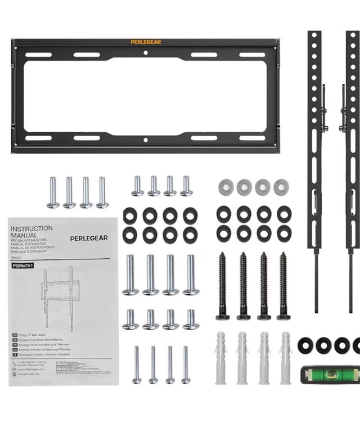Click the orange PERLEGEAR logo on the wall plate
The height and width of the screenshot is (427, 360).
click(145, 42)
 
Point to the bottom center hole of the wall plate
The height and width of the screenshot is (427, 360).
click(145, 140)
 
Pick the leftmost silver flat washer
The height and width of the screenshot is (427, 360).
click(224, 187)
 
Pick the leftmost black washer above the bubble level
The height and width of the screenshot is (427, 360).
click(306, 345)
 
